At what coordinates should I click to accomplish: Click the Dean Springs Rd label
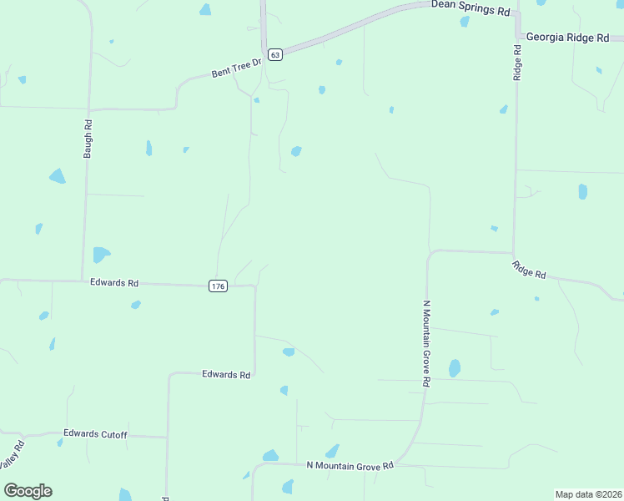(470, 10)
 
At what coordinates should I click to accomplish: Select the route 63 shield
(275, 54)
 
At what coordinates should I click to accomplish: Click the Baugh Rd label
(88, 139)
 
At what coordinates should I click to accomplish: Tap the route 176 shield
(217, 286)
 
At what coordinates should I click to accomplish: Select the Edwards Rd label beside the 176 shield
(114, 283)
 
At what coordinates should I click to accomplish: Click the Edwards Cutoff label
(95, 434)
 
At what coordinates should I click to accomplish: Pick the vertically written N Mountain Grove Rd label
(426, 343)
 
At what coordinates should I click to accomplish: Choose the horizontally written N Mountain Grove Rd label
(350, 465)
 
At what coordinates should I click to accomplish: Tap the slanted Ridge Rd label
(529, 270)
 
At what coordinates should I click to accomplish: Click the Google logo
(28, 491)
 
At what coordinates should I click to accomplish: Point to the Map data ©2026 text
(588, 493)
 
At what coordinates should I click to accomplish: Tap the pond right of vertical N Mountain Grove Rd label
(455, 367)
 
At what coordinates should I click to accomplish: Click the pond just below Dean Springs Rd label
(465, 22)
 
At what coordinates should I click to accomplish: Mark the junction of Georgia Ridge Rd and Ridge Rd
(517, 37)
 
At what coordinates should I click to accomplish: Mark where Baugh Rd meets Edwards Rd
(82, 281)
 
